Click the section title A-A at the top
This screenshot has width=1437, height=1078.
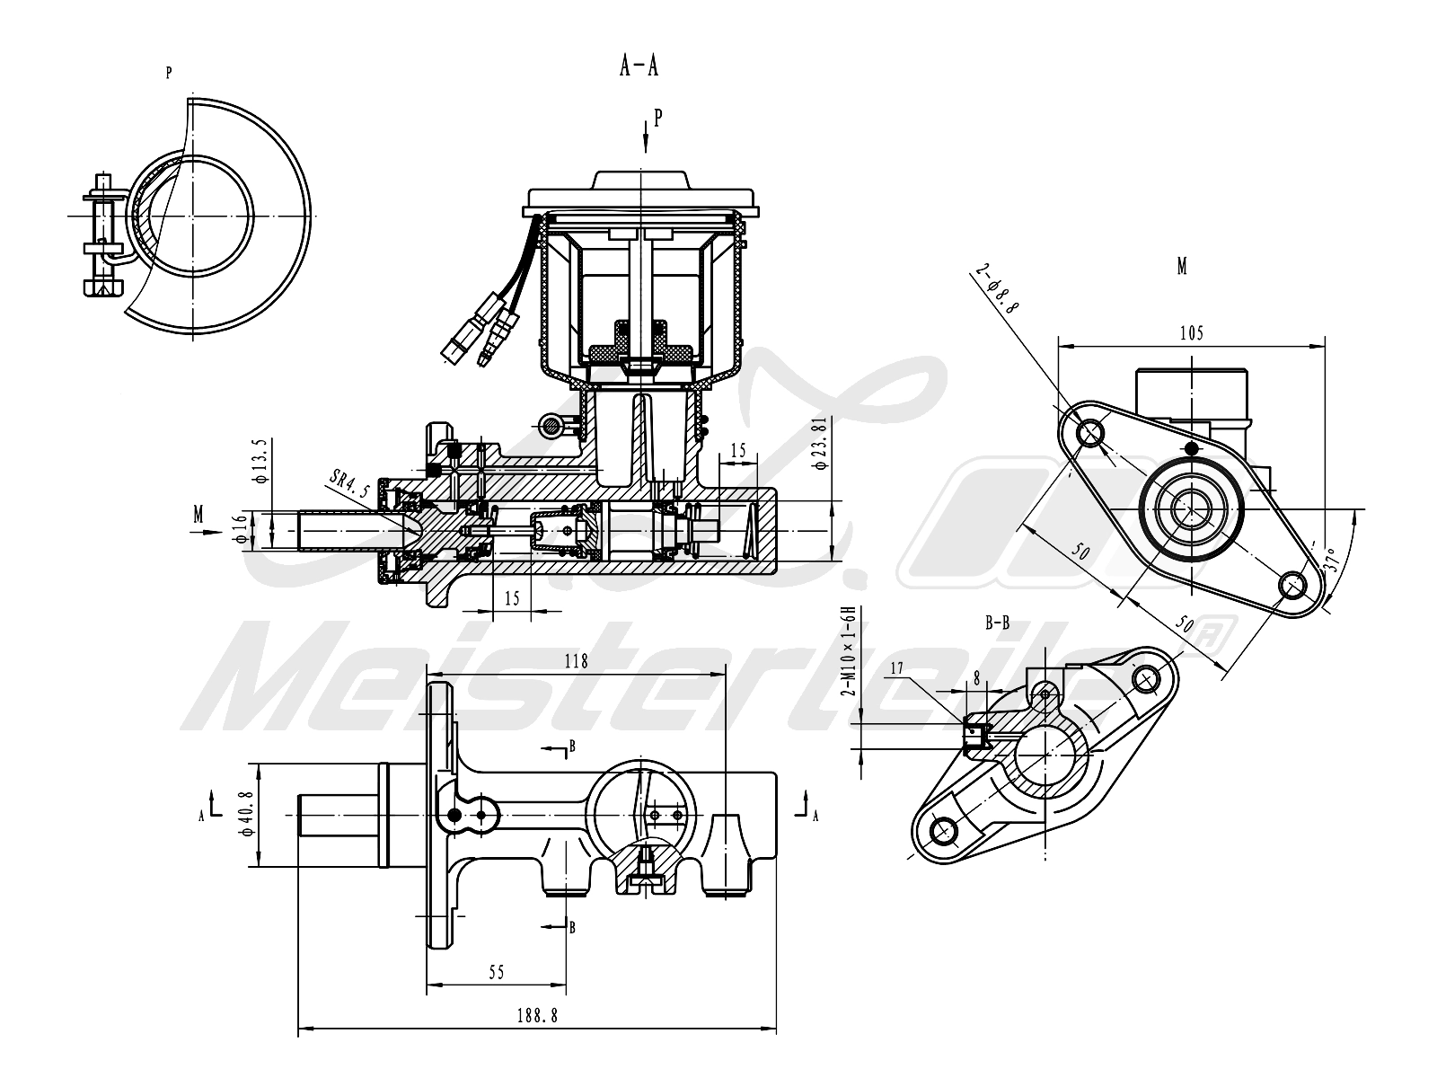coord(639,66)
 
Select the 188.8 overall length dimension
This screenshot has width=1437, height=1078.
coord(537,1016)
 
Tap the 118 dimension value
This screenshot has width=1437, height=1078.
coord(576,661)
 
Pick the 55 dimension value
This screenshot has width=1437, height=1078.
coord(497,973)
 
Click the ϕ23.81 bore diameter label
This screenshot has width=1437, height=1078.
coord(821,443)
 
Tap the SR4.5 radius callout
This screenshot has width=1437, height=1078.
coord(349,483)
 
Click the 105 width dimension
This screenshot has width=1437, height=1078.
coord(1192,333)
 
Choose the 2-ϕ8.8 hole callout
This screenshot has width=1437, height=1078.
coord(996,288)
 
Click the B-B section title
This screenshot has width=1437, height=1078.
coord(998,623)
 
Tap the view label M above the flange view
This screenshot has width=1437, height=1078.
coord(1182,267)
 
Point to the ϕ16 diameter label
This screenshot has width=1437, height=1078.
coord(241,529)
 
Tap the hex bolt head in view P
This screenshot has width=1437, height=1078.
coord(102,287)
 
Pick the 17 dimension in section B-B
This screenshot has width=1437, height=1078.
coord(896,668)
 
